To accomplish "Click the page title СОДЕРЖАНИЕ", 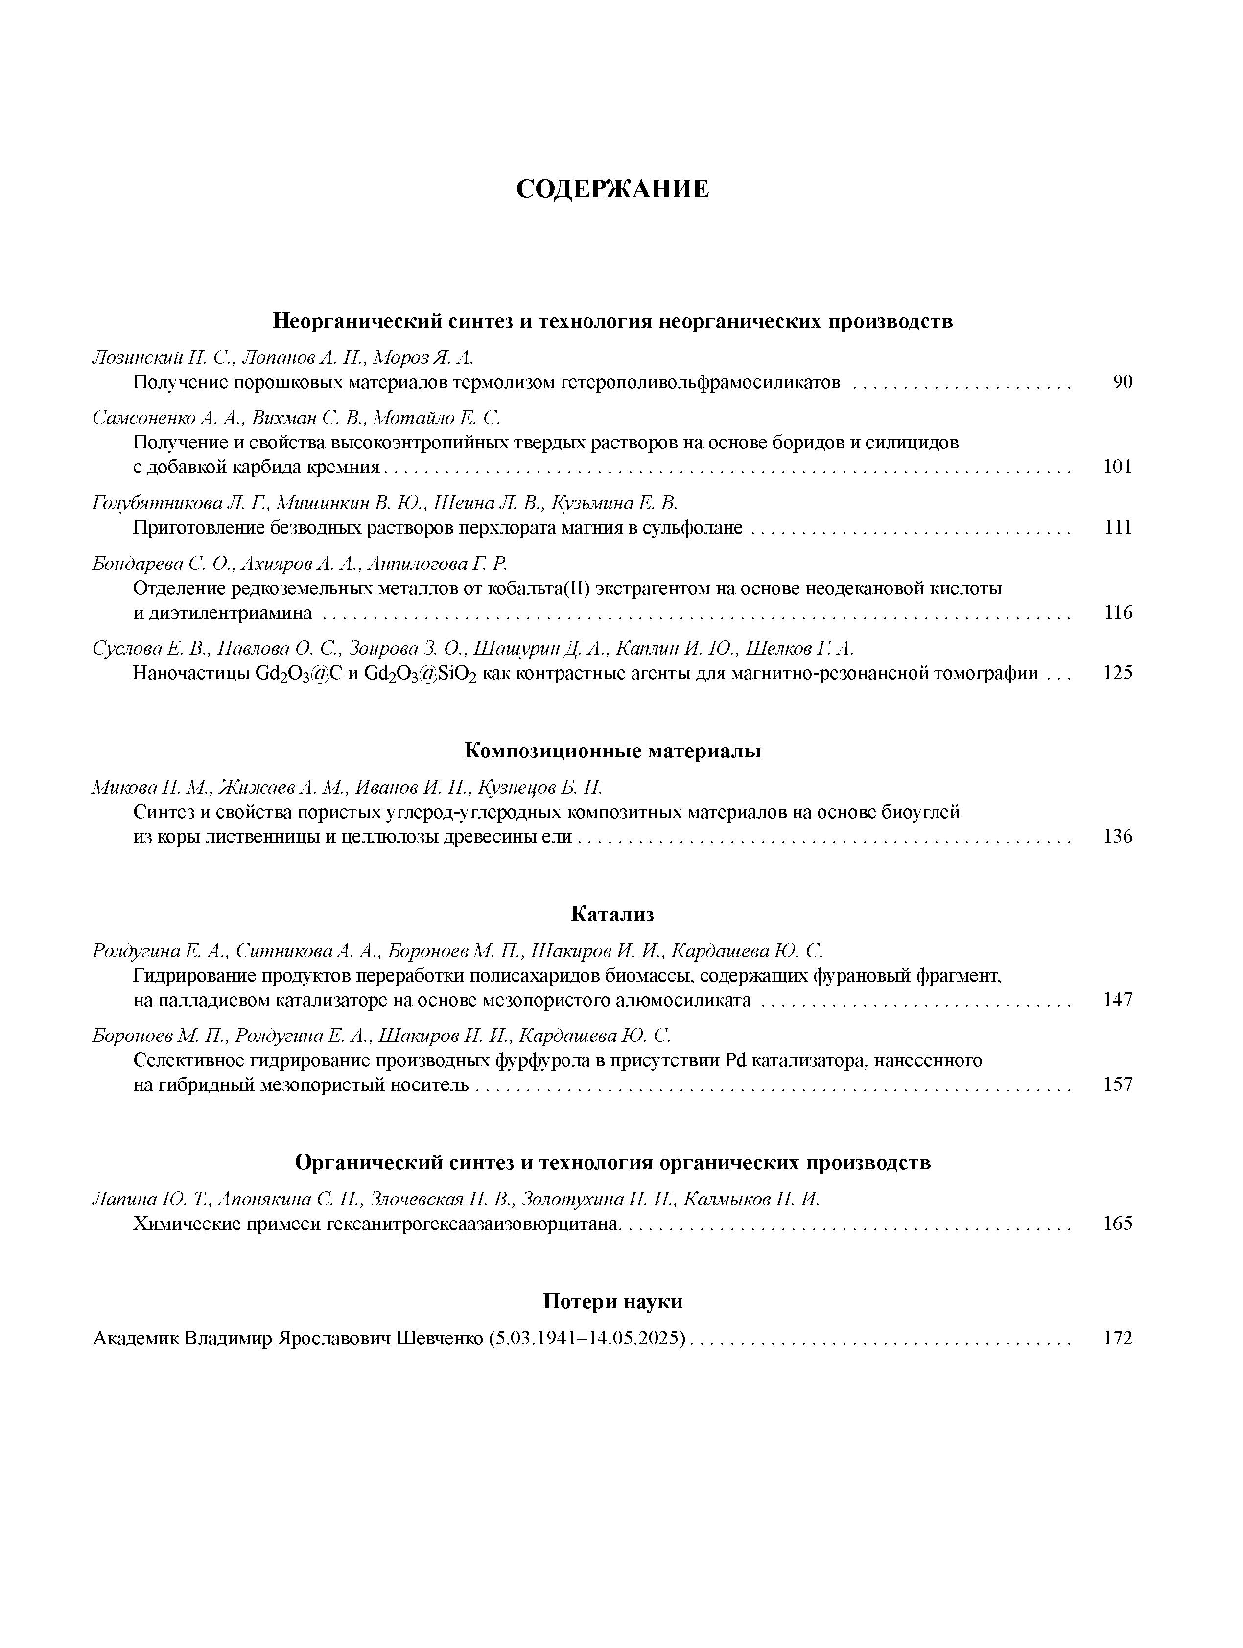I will tap(612, 189).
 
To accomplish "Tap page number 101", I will tap(1117, 467).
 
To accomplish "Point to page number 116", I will tap(1117, 612).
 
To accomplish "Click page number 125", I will tap(1117, 673).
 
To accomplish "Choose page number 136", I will tap(1117, 836).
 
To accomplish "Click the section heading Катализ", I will tap(612, 914).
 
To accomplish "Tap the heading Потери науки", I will tap(612, 1301).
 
